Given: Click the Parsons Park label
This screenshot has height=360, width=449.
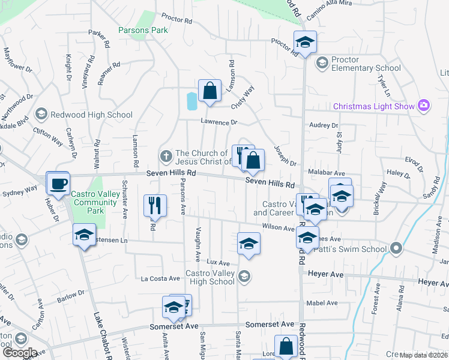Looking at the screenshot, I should tap(143, 29).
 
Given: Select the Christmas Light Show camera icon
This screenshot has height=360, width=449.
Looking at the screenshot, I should tap(424, 106).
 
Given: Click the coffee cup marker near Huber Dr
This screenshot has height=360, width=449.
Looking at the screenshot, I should tap(58, 184).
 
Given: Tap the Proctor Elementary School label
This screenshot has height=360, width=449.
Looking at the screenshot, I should tap(361, 64).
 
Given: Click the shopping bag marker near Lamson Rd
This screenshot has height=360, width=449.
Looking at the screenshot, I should tap(209, 91).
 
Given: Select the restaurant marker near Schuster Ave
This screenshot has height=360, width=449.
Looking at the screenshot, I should tap(155, 205).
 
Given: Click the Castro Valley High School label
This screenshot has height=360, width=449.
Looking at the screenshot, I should tap(209, 277).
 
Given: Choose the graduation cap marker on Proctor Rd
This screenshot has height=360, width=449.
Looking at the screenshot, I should tap(305, 43).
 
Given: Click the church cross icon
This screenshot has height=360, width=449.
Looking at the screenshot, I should tap(166, 156).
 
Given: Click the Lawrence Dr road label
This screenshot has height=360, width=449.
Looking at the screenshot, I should tap(219, 122).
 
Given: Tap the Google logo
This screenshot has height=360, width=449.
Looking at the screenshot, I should tap(20, 352).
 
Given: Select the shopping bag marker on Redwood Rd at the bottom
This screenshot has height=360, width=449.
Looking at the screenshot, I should tap(286, 346).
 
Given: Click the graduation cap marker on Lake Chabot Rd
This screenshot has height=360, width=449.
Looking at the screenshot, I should tap(84, 235).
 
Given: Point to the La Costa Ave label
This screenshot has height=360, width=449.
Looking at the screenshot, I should tap(160, 278).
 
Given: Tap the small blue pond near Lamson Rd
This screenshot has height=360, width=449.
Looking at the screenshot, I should tap(191, 101).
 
